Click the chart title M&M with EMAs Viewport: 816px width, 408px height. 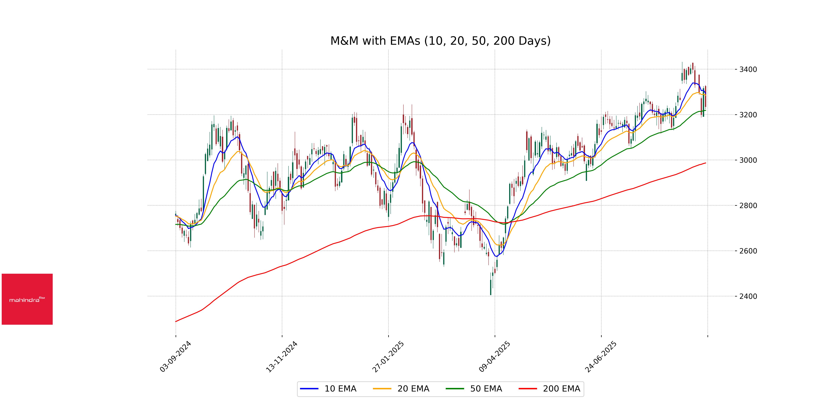(440, 41)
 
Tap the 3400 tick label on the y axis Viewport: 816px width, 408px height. (748, 69)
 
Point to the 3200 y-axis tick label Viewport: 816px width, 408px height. (748, 115)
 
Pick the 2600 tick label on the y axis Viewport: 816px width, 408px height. (748, 251)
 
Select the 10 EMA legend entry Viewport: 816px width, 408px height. (328, 389)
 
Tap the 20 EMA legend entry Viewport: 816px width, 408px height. (401, 389)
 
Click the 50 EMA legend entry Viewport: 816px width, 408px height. (474, 389)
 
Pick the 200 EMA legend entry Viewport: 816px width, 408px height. (550, 389)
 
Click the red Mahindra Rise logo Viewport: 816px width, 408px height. (27, 299)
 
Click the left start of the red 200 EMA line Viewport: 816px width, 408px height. (176, 321)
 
